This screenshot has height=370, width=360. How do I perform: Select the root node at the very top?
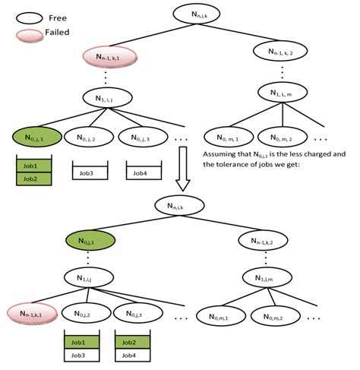tap(195, 13)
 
